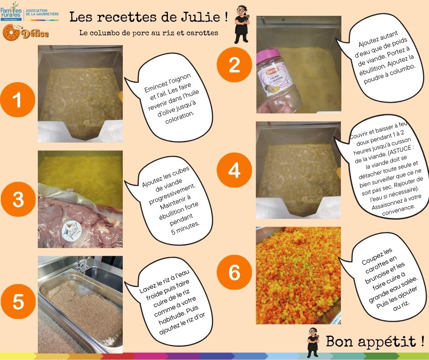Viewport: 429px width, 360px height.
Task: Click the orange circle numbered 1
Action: click(17, 100)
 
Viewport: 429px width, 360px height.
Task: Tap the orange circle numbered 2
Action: click(234, 65)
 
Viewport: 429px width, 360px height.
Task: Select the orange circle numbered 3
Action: click(18, 199)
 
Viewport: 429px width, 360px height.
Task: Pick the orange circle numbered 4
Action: click(234, 170)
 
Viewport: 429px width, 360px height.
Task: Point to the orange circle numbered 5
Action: click(18, 302)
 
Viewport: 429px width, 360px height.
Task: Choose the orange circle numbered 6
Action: click(234, 272)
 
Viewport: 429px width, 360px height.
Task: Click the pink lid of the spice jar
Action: click(268, 56)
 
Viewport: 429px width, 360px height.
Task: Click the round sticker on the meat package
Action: click(71, 230)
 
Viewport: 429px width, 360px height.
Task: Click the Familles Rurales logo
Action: click(11, 12)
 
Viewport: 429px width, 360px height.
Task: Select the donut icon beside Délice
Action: click(11, 32)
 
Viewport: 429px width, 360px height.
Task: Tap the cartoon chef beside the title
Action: click(241, 24)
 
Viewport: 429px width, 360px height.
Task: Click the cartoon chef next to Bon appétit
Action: click(313, 343)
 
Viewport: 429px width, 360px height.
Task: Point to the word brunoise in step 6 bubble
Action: click(377, 277)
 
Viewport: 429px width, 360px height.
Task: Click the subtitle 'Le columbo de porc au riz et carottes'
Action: click(149, 33)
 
